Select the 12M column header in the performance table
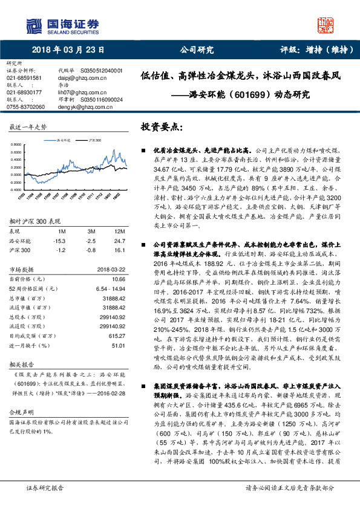pyautogui.click(x=119, y=215)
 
